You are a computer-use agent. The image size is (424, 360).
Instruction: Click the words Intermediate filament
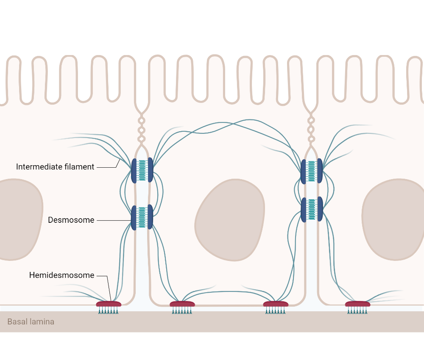click(x=55, y=167)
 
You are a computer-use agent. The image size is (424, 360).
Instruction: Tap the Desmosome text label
click(x=71, y=220)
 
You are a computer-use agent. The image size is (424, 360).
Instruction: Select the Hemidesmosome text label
click(x=61, y=275)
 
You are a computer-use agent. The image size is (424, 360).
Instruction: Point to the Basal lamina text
click(x=31, y=322)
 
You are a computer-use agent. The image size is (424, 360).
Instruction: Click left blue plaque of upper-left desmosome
click(x=134, y=171)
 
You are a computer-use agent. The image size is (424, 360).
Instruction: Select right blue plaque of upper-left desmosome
click(x=150, y=170)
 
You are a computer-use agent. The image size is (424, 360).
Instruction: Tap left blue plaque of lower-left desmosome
click(x=134, y=218)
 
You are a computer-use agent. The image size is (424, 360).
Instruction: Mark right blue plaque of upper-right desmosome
click(x=320, y=171)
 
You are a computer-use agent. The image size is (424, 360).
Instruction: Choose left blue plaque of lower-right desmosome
click(x=304, y=210)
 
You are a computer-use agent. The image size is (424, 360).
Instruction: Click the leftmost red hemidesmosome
click(x=109, y=304)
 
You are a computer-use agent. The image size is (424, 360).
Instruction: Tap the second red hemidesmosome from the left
click(x=182, y=304)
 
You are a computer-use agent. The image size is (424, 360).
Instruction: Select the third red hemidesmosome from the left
click(x=276, y=304)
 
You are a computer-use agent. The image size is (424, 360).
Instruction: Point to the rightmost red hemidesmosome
click(x=357, y=304)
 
